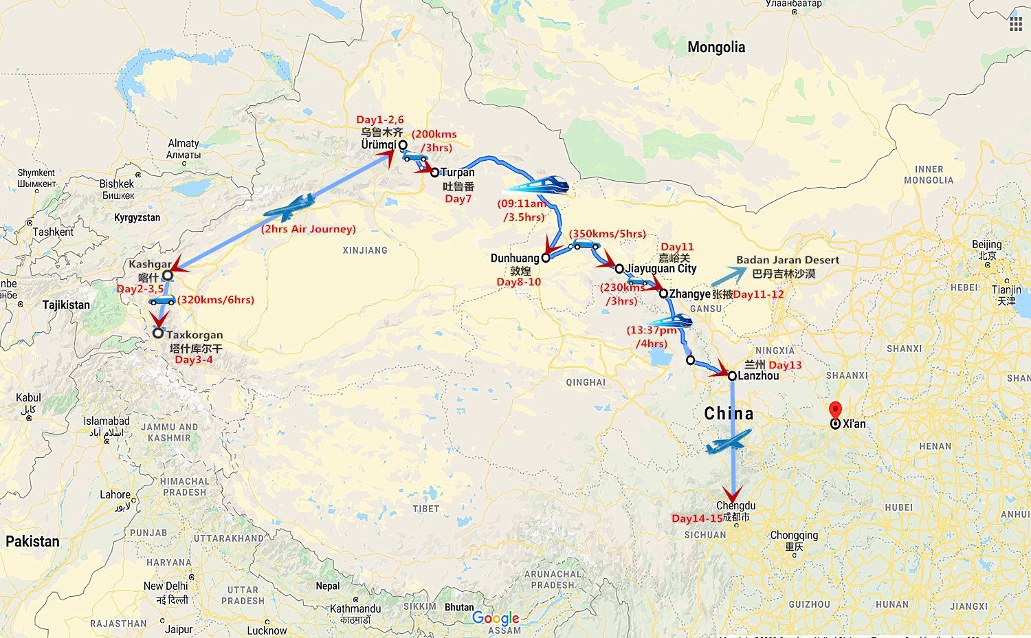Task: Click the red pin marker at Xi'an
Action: (835, 410)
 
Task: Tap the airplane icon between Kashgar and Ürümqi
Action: (290, 206)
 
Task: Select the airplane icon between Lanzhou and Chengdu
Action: (729, 441)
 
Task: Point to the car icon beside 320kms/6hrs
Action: (162, 300)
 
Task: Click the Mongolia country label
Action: (716, 47)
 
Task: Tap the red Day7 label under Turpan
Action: (458, 199)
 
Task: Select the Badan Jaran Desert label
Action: (788, 260)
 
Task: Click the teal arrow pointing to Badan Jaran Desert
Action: (729, 276)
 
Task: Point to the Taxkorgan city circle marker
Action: (158, 333)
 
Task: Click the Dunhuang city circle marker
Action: (546, 258)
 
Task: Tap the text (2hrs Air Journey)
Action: (309, 229)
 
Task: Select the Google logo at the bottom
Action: (496, 618)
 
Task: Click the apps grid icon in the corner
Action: (1015, 25)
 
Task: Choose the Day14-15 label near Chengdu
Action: (697, 518)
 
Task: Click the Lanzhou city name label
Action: (758, 376)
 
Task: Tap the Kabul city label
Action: (28, 398)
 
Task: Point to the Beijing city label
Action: (986, 245)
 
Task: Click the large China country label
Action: (729, 413)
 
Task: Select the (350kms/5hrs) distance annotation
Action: (607, 234)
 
